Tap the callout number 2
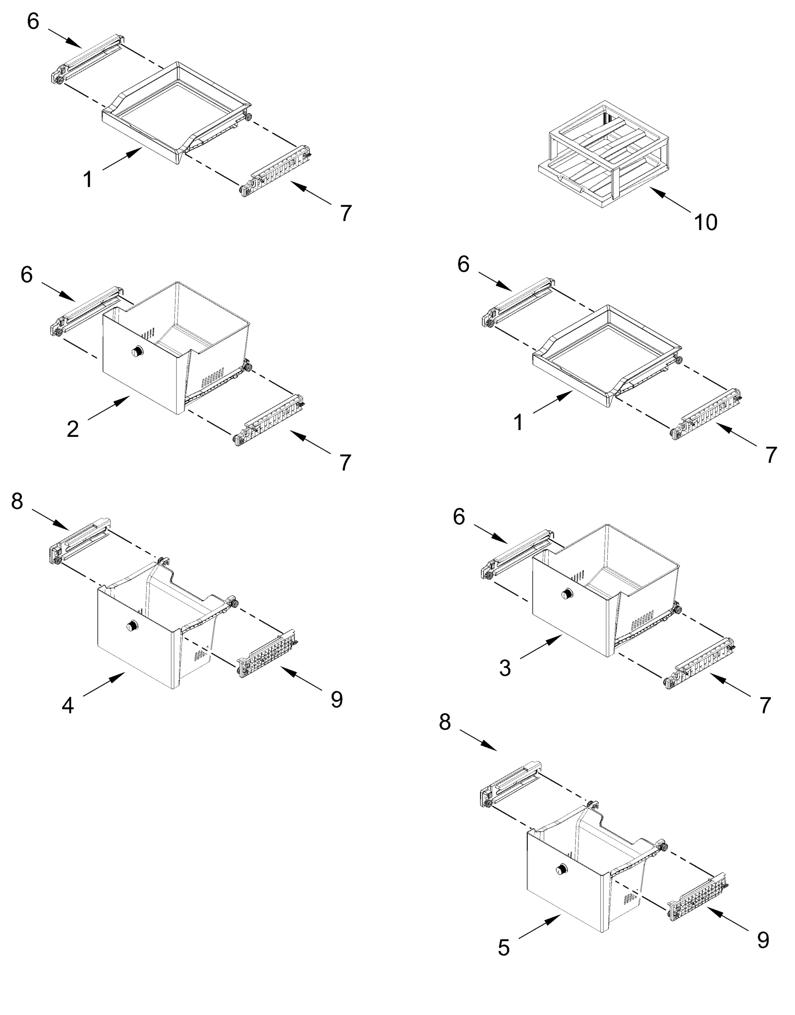[73, 428]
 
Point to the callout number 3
[505, 668]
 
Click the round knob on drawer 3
[567, 593]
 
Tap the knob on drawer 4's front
[132, 625]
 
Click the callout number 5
[503, 948]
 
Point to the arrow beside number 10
[670, 200]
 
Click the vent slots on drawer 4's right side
[201, 656]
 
